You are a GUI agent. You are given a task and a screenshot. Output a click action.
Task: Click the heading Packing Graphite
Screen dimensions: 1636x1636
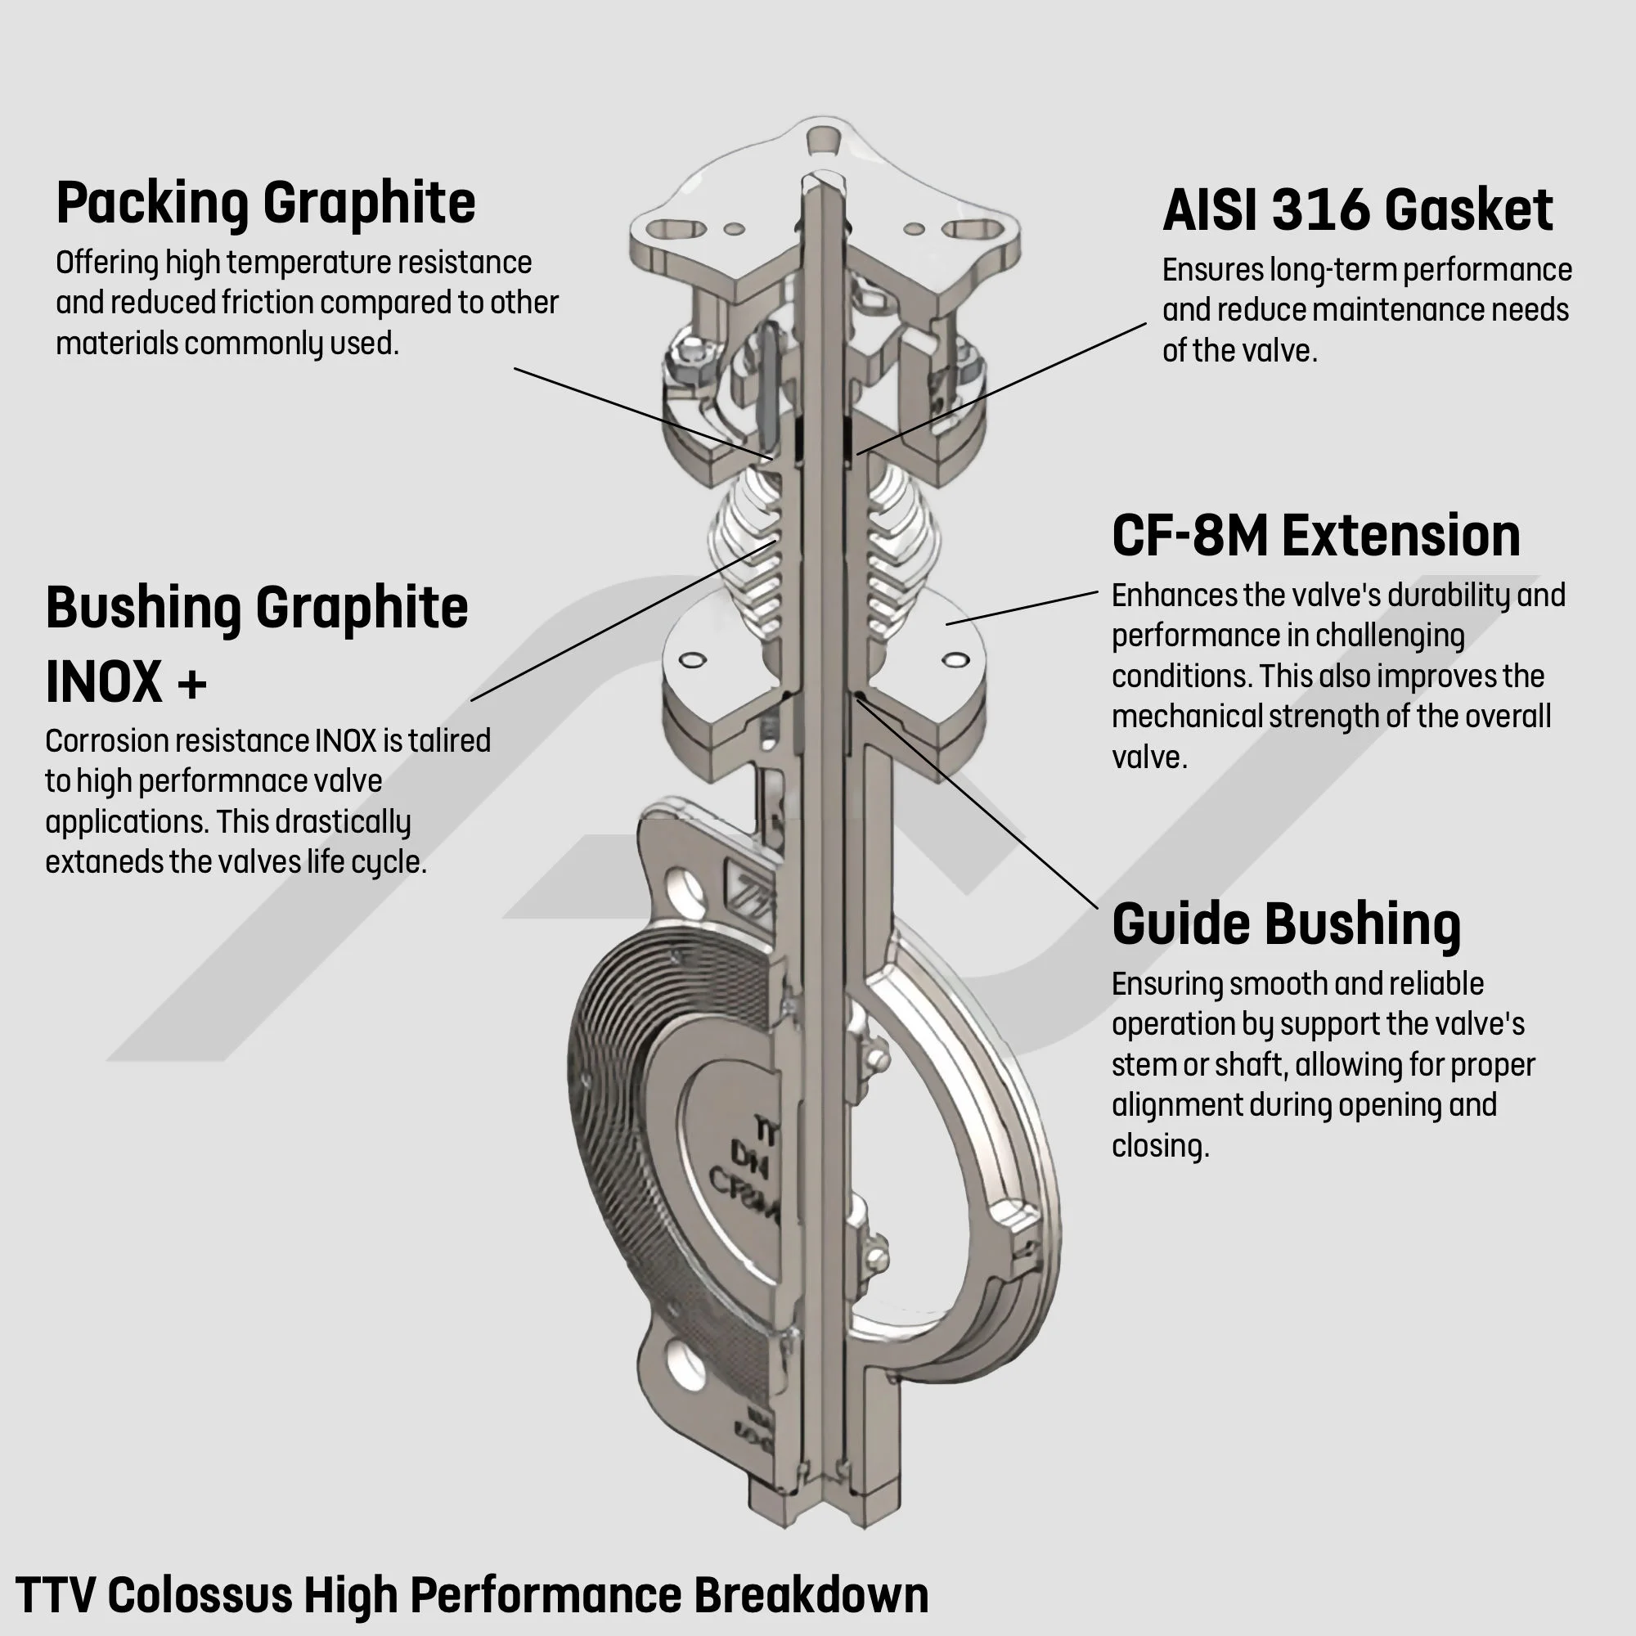click(266, 203)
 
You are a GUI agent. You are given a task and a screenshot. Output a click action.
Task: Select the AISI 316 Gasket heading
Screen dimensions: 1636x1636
click(1357, 209)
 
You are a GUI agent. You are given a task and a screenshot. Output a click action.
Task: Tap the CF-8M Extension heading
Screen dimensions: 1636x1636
click(1316, 535)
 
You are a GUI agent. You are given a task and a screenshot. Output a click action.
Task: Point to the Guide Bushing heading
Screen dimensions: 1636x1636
click(1286, 924)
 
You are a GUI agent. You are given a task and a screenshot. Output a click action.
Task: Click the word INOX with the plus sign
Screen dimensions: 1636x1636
click(126, 681)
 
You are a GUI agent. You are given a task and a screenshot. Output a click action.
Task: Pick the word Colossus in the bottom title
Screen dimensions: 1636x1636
click(200, 1595)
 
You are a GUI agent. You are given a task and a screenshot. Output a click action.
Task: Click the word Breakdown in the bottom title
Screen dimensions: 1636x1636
click(811, 1595)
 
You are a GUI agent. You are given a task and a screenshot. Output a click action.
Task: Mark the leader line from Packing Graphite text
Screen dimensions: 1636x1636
click(644, 414)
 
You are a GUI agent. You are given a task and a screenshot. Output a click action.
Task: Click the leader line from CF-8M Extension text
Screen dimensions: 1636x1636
click(1022, 608)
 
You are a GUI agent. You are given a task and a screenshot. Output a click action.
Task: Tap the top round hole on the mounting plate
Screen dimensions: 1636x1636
click(821, 140)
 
